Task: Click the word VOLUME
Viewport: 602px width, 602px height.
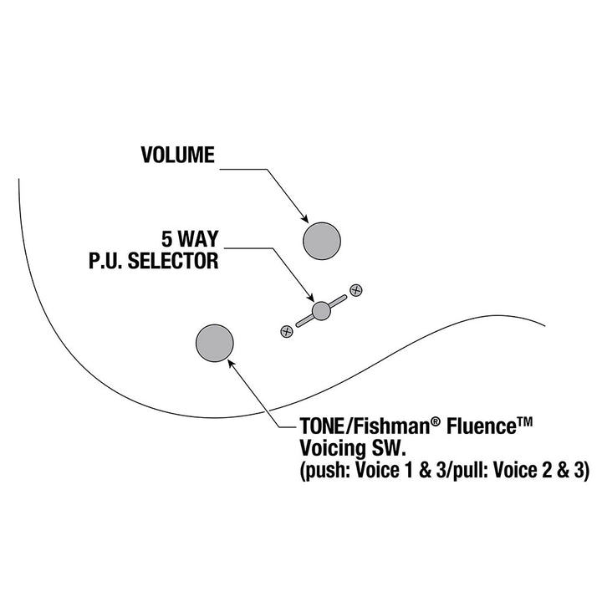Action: pyautogui.click(x=178, y=155)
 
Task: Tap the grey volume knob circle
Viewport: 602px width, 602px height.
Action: pyautogui.click(x=322, y=240)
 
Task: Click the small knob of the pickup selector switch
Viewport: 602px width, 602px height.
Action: pyautogui.click(x=321, y=311)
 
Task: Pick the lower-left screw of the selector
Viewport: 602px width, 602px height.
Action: pyautogui.click(x=287, y=332)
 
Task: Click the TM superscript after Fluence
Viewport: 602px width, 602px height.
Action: pyautogui.click(x=525, y=423)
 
